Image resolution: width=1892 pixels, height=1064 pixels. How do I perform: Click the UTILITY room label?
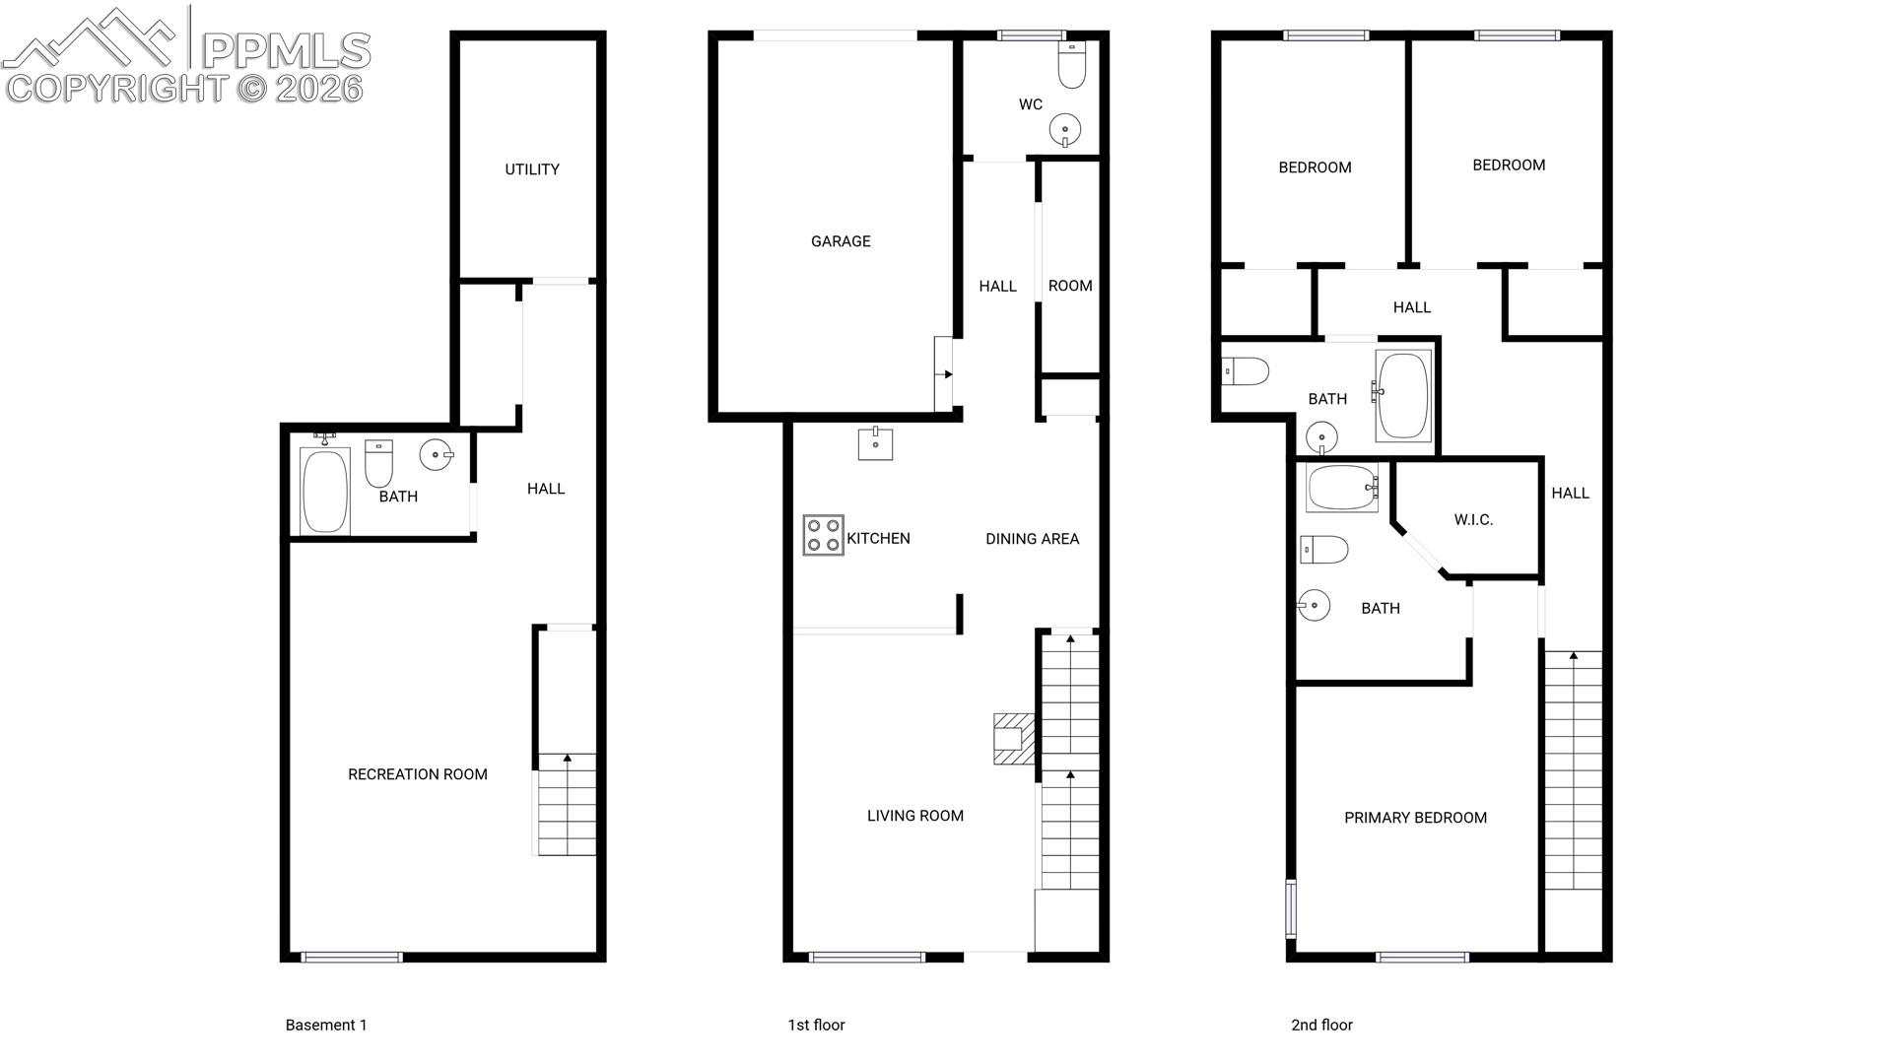tap(532, 169)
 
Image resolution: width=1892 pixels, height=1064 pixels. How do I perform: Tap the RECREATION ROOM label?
tap(418, 774)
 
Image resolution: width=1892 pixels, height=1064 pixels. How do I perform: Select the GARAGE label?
tap(841, 241)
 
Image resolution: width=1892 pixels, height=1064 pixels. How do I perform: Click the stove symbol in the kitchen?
tap(823, 535)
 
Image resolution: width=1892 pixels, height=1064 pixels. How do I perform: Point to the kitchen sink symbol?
tap(875, 443)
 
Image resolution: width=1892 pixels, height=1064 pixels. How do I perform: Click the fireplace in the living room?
tap(1014, 739)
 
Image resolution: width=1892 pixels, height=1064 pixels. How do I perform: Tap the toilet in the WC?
tap(1071, 64)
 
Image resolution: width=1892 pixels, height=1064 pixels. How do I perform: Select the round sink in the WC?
tap(1065, 129)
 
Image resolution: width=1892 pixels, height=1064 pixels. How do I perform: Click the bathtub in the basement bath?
tap(325, 491)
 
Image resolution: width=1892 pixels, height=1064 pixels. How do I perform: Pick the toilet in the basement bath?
tap(378, 463)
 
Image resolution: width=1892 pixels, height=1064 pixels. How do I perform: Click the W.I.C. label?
tap(1473, 520)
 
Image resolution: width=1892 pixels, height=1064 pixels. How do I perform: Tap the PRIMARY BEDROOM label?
tap(1415, 818)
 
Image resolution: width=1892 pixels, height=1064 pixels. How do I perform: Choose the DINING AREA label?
tap(1032, 539)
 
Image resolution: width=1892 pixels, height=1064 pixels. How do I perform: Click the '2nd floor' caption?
tap(1321, 1025)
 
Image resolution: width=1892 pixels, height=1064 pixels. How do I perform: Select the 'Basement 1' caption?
tap(326, 1025)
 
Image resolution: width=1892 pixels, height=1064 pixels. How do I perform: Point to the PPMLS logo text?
tap(286, 49)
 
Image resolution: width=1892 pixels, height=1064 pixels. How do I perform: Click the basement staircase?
tap(566, 804)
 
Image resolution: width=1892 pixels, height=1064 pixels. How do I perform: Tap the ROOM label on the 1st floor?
tap(1070, 286)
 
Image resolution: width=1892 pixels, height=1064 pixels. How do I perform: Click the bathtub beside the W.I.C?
tap(1342, 488)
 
